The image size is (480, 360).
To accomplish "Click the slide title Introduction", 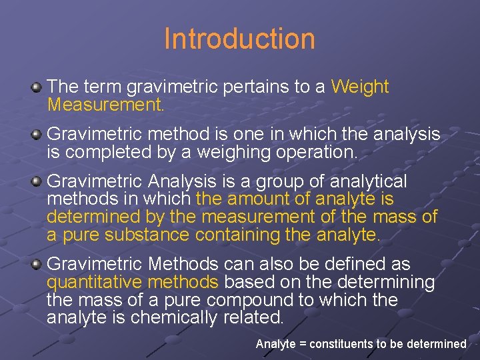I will pos(239,39).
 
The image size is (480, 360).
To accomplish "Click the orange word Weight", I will pos(359,87).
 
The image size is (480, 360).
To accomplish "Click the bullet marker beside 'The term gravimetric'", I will pos(37,87).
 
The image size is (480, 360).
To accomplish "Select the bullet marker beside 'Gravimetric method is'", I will pos(37,135).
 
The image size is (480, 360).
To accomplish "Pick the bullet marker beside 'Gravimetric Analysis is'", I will pos(37,181).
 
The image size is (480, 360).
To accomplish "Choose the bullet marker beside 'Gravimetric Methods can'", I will pos(37,264).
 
